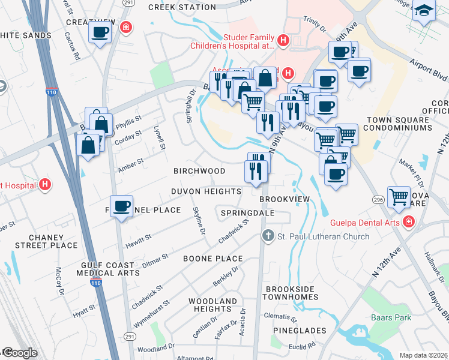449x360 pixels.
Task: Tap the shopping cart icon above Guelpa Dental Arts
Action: click(399, 197)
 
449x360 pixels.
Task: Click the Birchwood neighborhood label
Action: click(199, 171)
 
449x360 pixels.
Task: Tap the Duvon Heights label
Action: click(206, 191)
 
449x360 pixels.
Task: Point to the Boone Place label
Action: click(213, 259)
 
